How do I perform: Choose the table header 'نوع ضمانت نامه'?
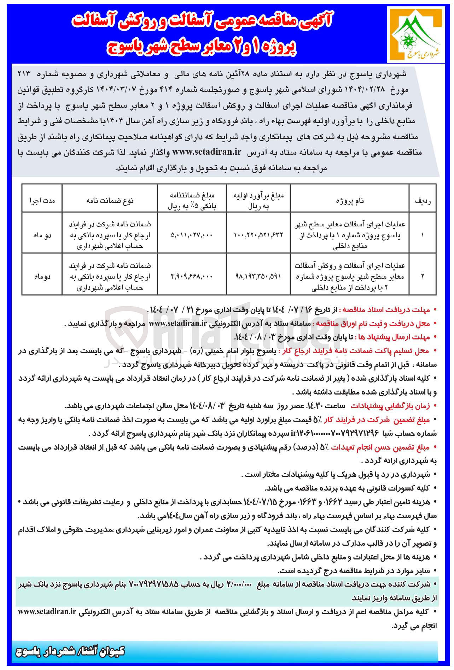point(110,201)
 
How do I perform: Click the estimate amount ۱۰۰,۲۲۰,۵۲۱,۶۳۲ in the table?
point(258,235)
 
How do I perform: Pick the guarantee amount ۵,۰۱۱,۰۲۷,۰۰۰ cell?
point(191,235)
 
